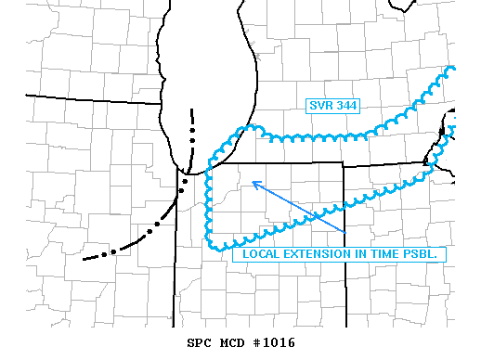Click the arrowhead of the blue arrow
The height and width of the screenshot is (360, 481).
253,182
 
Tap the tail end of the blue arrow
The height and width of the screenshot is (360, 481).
344,231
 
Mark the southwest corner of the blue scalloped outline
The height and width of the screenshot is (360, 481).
214,246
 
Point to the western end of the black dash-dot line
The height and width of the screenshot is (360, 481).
84,258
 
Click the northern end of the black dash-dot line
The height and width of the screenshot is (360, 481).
194,113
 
